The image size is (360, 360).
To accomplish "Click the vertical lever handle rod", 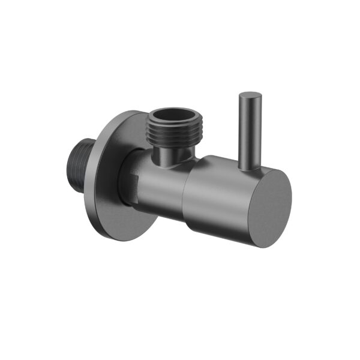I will [x=247, y=132].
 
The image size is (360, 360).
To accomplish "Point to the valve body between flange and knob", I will [x=159, y=183].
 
